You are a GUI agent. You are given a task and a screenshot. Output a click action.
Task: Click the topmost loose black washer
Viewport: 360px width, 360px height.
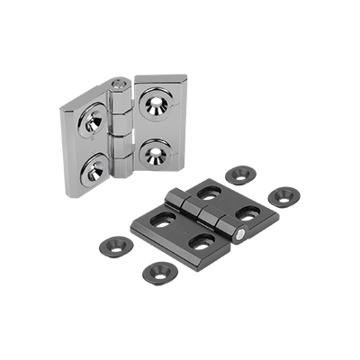238,174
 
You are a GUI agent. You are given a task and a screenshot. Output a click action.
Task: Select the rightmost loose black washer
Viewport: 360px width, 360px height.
283,194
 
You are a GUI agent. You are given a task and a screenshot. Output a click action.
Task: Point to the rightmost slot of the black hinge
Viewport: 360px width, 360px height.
248,215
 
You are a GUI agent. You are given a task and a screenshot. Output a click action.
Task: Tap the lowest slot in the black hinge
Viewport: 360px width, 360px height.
203,241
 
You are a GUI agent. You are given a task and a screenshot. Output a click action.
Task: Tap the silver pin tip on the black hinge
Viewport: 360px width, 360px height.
246,236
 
